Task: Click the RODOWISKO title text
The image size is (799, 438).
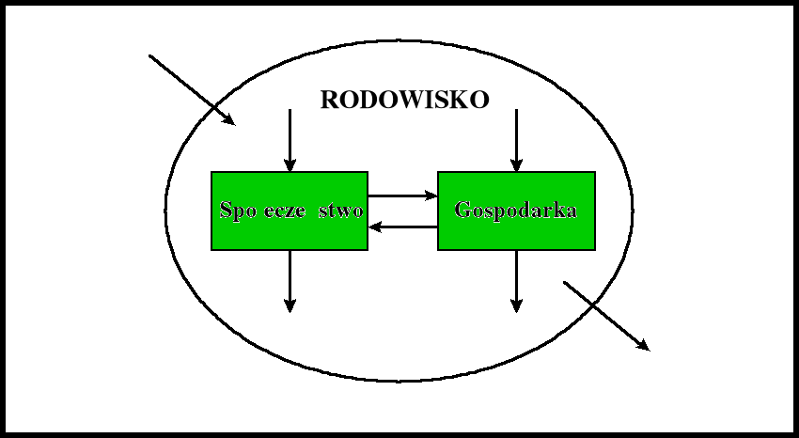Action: coord(404,101)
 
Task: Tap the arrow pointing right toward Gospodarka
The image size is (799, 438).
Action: coord(402,196)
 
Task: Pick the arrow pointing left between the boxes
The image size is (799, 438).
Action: coord(402,227)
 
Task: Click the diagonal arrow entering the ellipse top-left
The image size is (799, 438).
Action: coord(191,89)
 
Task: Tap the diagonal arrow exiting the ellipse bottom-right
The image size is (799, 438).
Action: coord(605,315)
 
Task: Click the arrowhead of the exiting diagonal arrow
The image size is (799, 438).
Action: coord(644,346)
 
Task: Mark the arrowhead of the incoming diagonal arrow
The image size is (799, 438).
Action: coord(228,119)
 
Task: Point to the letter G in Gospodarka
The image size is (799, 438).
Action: coord(462,210)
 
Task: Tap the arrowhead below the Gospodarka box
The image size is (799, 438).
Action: coord(516,305)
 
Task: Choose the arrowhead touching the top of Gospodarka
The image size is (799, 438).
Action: coord(516,165)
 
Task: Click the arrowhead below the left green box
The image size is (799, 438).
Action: coord(290,305)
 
